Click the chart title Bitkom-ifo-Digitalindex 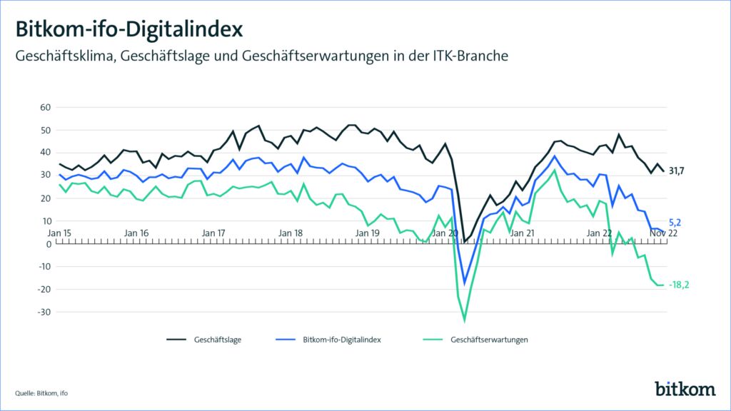[x=129, y=29]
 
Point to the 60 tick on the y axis [x=46, y=108]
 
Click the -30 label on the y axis [x=45, y=313]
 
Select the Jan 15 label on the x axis [x=59, y=233]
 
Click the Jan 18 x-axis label [x=290, y=233]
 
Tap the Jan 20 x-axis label [x=444, y=233]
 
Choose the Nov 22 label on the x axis [x=665, y=233]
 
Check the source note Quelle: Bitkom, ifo [x=42, y=393]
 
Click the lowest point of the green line [x=465, y=320]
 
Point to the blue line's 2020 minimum [x=465, y=283]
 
